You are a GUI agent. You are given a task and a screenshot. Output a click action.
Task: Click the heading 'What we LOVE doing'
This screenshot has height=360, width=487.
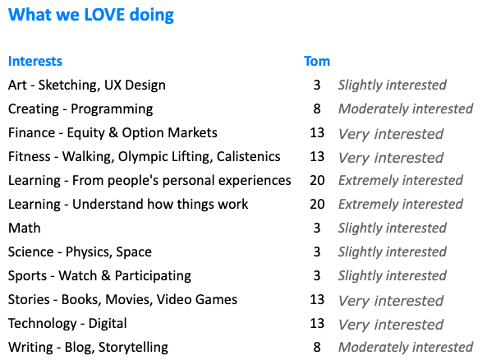click(91, 15)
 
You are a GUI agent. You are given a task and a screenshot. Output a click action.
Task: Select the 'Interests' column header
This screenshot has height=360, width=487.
click(35, 61)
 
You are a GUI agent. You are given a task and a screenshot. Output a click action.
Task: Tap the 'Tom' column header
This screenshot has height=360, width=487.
click(317, 61)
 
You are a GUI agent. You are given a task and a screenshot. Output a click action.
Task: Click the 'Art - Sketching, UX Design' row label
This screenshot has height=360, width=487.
click(87, 85)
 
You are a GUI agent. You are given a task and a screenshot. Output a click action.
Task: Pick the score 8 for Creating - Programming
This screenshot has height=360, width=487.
click(317, 108)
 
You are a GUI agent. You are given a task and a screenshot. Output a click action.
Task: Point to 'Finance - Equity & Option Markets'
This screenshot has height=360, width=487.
click(113, 132)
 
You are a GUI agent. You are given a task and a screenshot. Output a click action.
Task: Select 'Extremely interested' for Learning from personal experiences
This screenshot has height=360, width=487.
click(401, 180)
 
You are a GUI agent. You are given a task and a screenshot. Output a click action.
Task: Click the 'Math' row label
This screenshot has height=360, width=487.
click(25, 228)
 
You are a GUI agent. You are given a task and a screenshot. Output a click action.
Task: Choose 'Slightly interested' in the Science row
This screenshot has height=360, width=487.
click(392, 252)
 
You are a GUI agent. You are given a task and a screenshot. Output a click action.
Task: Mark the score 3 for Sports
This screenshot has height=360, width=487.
click(317, 275)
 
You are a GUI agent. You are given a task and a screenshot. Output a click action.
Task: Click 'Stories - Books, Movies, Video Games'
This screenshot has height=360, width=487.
click(122, 299)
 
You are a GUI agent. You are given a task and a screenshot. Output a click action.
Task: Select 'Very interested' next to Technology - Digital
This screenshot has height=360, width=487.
click(391, 324)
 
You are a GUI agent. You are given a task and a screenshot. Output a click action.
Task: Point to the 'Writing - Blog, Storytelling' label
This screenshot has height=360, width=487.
click(88, 348)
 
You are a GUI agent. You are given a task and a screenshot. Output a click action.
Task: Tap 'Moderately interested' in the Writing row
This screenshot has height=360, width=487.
click(406, 348)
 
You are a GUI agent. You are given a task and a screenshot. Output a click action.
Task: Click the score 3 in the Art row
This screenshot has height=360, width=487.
click(317, 85)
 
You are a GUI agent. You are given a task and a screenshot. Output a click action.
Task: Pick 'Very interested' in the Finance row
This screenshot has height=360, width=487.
click(391, 133)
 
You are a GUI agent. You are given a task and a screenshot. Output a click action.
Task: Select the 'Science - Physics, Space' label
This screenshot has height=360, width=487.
click(80, 252)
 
